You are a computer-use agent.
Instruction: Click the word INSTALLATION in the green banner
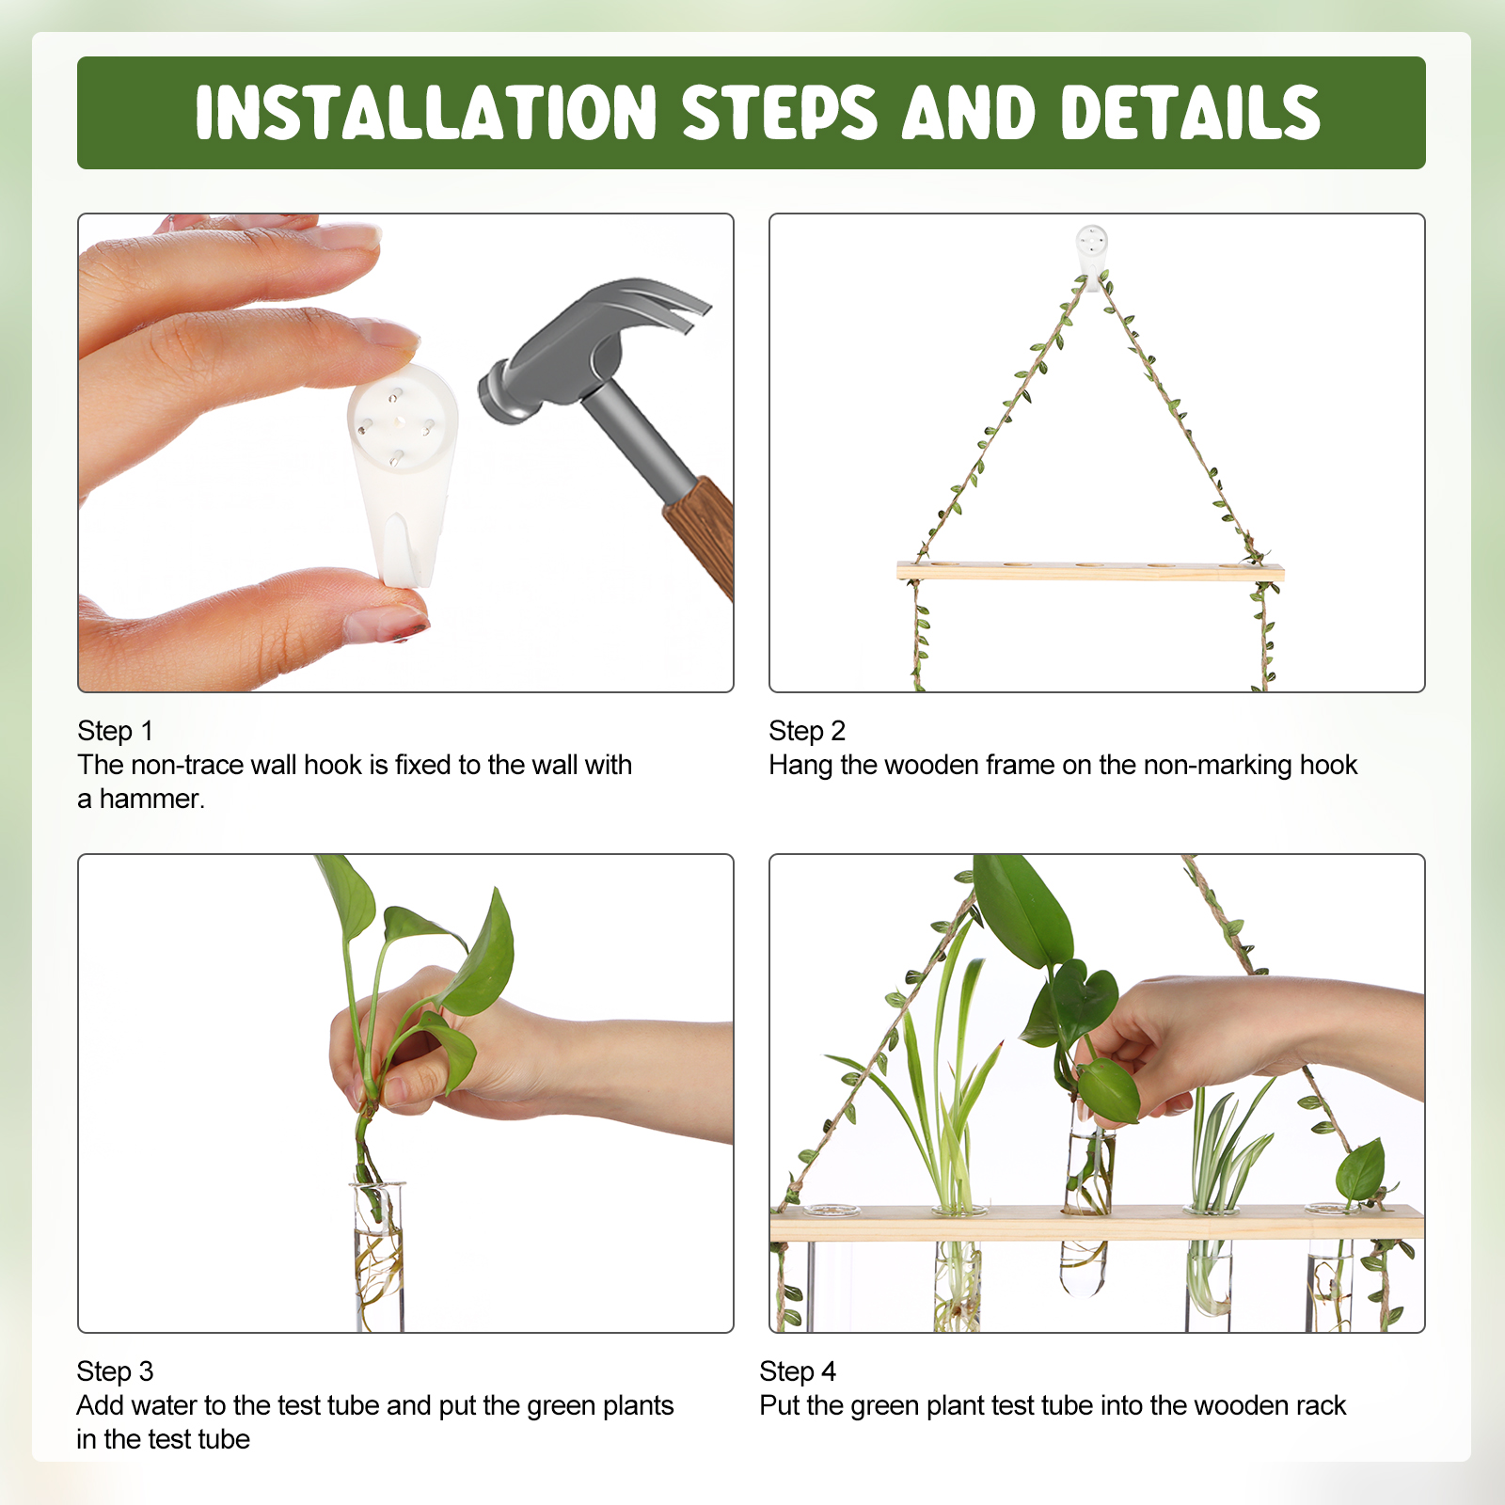[x=426, y=113]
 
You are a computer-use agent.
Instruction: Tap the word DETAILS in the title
[x=1191, y=113]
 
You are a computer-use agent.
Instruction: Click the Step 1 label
[x=115, y=731]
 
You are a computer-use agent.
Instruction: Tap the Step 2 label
[x=807, y=731]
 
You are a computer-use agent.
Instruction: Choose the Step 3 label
[x=115, y=1371]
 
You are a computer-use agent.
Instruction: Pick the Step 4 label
[x=798, y=1371]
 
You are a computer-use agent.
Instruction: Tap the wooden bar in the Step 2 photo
[x=1090, y=571]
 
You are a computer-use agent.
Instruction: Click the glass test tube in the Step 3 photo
[x=379, y=1257]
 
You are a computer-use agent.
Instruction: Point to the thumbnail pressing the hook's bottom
[x=386, y=623]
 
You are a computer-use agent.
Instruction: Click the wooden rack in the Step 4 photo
[x=1097, y=1223]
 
